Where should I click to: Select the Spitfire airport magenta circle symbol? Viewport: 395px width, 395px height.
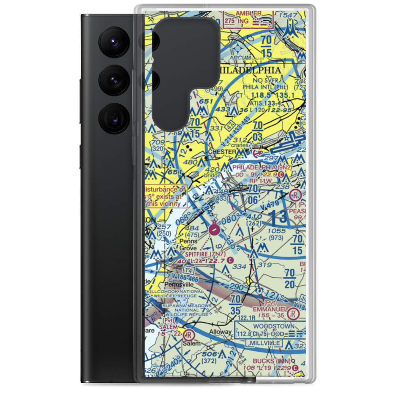pos(214,229)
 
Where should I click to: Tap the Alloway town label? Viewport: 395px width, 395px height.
pos(220,332)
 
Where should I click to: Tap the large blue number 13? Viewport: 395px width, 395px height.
pos(279,218)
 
